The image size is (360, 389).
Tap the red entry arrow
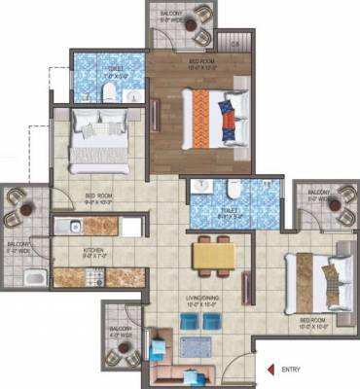point(271,370)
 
